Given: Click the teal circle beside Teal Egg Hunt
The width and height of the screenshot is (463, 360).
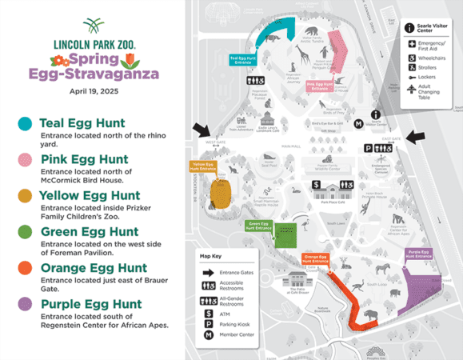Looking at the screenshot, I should (26, 124).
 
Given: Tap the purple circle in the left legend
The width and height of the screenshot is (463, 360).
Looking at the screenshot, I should (26, 305).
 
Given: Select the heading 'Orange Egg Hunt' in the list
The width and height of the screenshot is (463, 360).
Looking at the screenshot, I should (93, 268).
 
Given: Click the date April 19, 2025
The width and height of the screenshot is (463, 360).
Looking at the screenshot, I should (94, 91).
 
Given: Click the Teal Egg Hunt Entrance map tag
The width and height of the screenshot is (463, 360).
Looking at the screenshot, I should (245, 59).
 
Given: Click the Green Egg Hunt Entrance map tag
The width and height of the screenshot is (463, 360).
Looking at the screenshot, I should (259, 227).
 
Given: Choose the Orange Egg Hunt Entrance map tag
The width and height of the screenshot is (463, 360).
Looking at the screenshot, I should (314, 259).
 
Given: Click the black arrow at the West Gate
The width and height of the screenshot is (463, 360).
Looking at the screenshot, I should (199, 130).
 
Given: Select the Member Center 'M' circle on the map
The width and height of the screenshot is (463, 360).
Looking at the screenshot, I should (359, 124).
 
